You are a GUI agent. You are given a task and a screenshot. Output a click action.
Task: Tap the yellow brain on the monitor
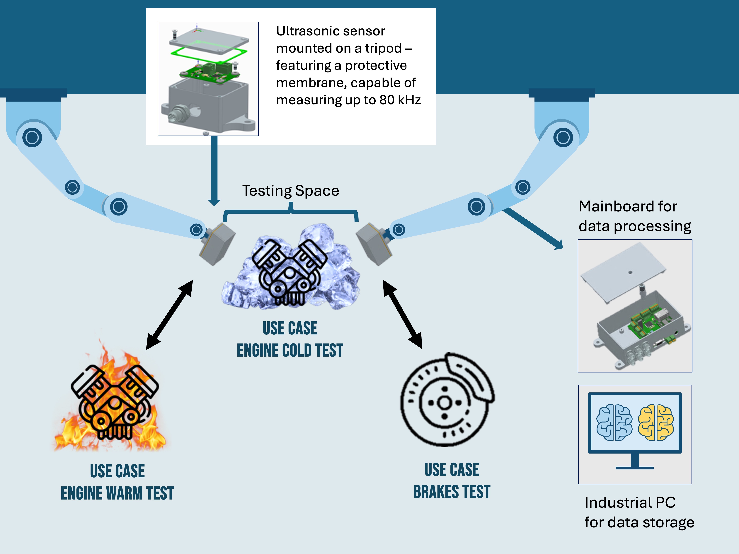[655, 423]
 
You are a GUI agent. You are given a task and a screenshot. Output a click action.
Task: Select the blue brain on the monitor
[614, 423]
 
